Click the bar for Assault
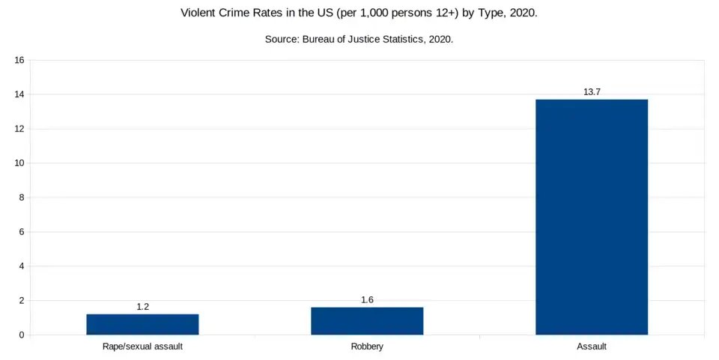tap(592, 217)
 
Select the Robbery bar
tap(367, 321)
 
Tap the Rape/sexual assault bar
tap(142, 324)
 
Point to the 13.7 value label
tap(592, 92)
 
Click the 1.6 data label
tap(367, 300)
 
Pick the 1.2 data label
tap(142, 307)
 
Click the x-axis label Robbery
tap(367, 347)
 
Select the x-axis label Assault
tap(592, 347)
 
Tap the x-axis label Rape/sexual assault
tap(142, 347)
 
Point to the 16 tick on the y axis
tap(20, 60)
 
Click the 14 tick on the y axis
tap(20, 94)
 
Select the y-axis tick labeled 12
tap(20, 129)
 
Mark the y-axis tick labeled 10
tap(20, 163)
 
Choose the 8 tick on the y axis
tap(22, 198)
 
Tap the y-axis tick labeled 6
tap(22, 232)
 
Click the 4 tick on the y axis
tap(22, 266)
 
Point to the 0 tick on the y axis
tap(22, 335)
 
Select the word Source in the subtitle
tap(282, 39)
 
